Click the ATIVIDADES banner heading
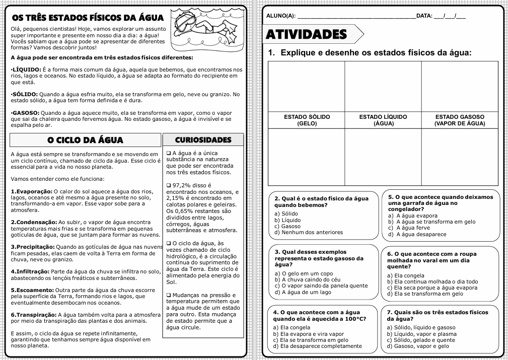tap(307, 34)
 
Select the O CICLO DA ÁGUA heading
tap(85, 140)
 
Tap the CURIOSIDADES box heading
tap(203, 139)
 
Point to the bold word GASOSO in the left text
tap(25, 113)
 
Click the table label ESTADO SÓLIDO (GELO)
tap(307, 120)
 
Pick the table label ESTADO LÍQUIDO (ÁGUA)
tap(383, 120)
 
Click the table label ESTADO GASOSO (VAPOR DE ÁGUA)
tap(460, 120)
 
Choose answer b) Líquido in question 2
tap(287, 220)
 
